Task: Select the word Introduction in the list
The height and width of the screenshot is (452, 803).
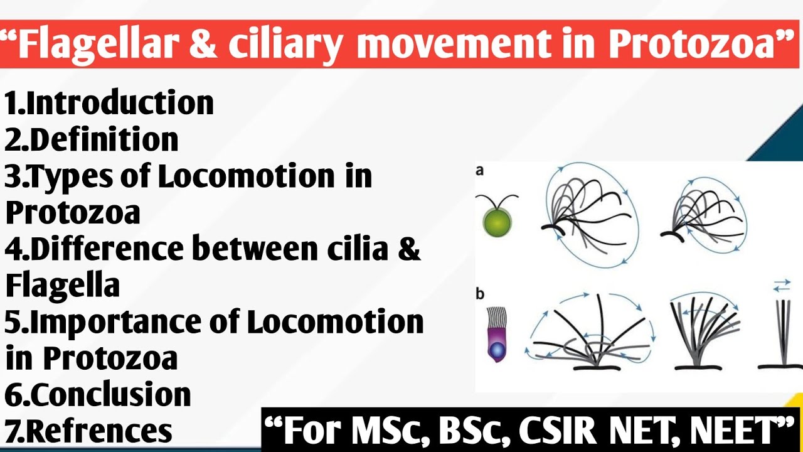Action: (120, 103)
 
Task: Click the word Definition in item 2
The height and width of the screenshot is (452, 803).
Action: (104, 139)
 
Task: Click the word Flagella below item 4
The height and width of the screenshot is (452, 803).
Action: (63, 286)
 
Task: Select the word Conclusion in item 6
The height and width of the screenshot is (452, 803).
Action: (110, 395)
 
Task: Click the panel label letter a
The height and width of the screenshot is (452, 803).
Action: (480, 170)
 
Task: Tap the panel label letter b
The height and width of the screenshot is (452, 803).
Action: (481, 293)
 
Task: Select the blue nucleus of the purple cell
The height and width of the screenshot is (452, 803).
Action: (497, 349)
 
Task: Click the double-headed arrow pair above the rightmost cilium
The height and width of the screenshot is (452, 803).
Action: (782, 286)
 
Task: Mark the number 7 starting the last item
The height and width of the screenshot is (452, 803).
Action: (12, 431)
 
